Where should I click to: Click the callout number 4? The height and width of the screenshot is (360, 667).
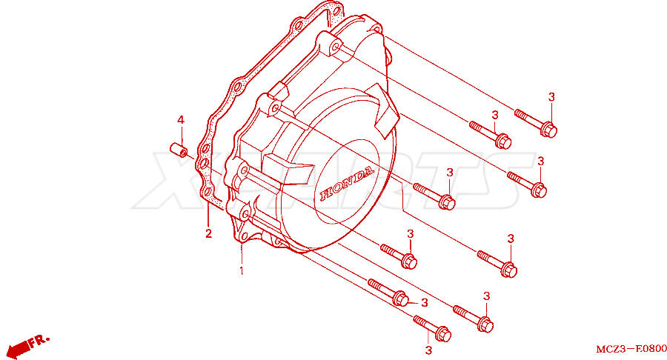point(181,120)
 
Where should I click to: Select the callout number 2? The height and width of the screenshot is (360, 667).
point(208,233)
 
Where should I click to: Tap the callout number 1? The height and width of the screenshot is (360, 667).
point(242,270)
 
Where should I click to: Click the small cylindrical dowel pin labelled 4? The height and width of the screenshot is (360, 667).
point(178,150)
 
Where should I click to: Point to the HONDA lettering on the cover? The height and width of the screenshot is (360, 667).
point(347,184)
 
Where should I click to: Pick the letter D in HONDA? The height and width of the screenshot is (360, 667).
point(358,177)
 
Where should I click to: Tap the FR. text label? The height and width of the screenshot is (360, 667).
point(39,341)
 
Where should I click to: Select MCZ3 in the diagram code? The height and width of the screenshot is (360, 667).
point(611,350)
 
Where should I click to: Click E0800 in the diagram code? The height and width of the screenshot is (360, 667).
point(651,349)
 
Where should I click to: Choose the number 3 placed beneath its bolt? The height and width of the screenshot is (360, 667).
point(428,350)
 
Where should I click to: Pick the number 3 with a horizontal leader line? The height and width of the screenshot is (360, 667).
point(424,303)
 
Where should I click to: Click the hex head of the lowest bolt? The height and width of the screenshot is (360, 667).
point(443,334)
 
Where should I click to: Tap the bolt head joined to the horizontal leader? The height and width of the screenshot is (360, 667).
point(400,299)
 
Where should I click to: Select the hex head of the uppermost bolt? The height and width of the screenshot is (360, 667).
point(548,129)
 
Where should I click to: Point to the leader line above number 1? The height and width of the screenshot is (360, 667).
point(242,254)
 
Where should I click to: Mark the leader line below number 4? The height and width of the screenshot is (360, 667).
point(181,136)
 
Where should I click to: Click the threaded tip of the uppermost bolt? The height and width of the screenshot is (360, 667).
point(517,113)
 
